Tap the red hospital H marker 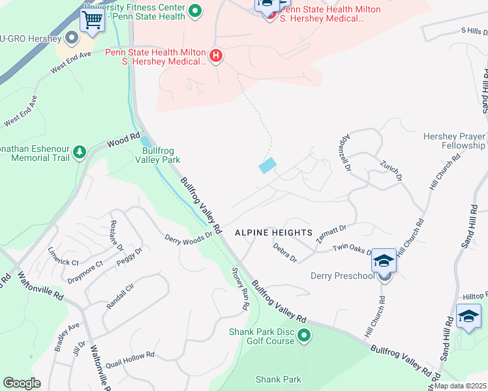[216, 57]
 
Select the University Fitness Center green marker [194, 11]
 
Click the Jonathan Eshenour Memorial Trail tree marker [80, 152]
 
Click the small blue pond [268, 166]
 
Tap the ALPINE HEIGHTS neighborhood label [273, 233]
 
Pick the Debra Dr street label [285, 253]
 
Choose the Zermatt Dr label [331, 234]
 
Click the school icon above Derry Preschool [384, 261]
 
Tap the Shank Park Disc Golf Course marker [304, 336]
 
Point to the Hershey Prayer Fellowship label [454, 141]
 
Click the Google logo [22, 383]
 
